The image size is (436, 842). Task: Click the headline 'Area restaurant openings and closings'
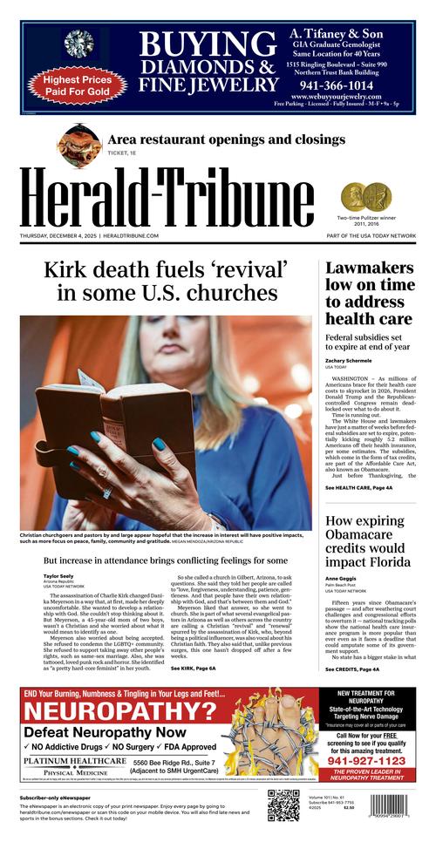point(226,139)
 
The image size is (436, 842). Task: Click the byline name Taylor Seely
point(58,577)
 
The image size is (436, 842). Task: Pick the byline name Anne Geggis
point(342,579)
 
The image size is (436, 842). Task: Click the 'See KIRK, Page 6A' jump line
point(193,668)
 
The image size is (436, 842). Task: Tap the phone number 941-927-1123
point(366,760)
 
